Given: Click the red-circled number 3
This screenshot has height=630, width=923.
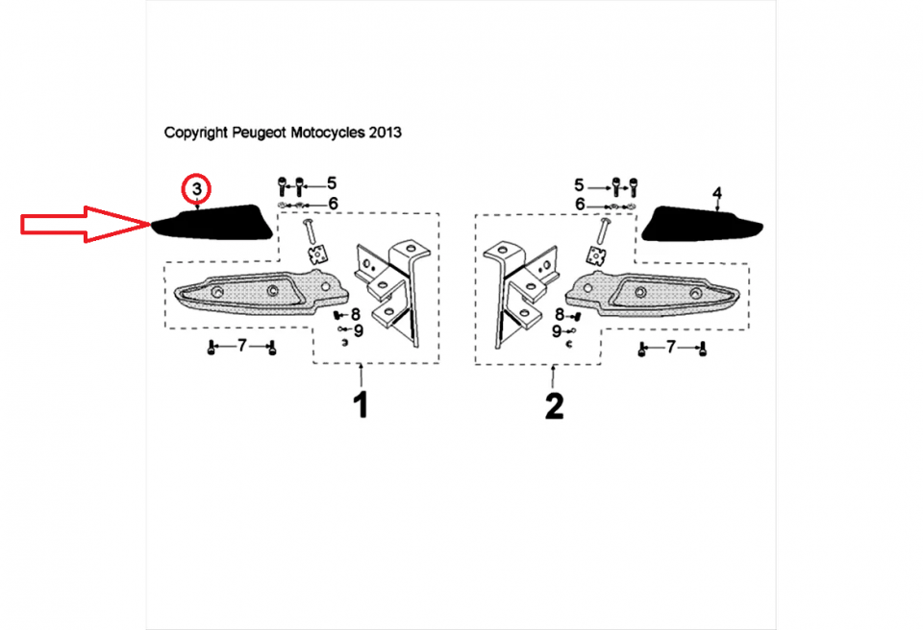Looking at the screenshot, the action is coord(196,189).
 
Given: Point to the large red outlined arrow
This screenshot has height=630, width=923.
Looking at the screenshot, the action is coord(86,224).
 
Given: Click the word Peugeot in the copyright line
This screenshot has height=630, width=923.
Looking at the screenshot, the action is coord(260,133).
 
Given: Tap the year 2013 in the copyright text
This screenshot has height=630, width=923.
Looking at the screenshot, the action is coord(385,133).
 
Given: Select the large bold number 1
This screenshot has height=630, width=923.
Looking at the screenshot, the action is coord(361,404).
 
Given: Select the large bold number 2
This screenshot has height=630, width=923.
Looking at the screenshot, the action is coord(554,406).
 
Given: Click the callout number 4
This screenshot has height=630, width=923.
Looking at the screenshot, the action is coord(716,193).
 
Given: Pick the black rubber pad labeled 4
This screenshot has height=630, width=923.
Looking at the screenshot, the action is coord(702,224).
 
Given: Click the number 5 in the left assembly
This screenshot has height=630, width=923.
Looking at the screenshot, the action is coord(332,183).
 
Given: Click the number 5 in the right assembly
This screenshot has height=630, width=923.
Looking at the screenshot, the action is coord(579,186).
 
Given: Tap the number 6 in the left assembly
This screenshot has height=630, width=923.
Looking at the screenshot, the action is coord(334,204).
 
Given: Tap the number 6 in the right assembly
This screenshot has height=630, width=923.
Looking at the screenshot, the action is coord(581,205).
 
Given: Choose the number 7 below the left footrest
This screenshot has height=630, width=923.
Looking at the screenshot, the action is coord(242,346).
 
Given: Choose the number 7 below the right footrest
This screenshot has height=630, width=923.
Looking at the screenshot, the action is coord(671,347).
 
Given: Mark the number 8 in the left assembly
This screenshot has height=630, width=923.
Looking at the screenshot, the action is coord(355,315).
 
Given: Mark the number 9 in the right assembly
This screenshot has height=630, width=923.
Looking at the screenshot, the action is coord(557,331).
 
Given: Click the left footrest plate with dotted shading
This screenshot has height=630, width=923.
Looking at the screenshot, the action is coord(262,292).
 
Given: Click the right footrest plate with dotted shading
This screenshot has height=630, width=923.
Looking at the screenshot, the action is coord(652,294).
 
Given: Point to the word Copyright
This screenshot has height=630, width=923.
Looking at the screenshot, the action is coord(195,133).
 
